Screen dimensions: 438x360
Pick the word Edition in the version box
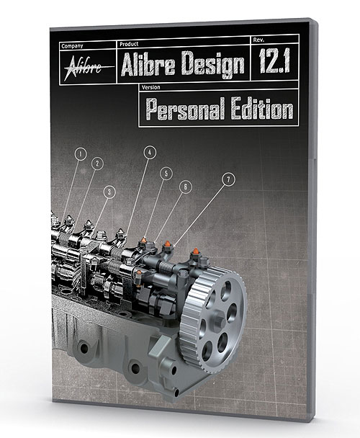pos(263,109)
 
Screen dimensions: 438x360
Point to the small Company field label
pos(71,45)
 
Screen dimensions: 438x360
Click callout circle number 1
pos(81,153)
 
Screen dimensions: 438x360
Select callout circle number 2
pos(97,164)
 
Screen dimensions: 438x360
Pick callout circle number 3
pos(109,191)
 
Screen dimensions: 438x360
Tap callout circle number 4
pos(149,152)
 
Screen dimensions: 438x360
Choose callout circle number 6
pos(185,186)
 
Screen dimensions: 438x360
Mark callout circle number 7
pos(228,178)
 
